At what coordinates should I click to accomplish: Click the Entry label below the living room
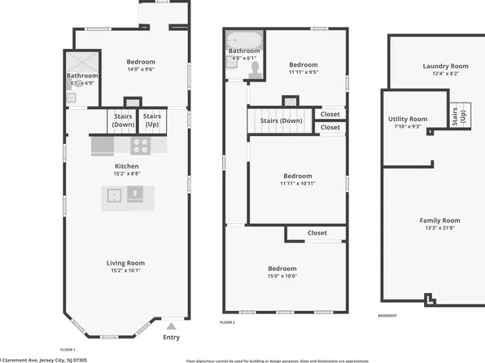click(171, 337)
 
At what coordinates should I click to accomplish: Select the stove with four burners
click(140, 146)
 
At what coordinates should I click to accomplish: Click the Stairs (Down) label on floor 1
click(124, 120)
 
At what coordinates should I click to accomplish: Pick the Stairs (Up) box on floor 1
click(152, 120)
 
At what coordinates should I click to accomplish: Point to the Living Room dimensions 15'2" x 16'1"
click(125, 270)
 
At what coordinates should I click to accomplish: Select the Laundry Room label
click(445, 66)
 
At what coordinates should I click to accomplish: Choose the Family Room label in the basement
click(439, 221)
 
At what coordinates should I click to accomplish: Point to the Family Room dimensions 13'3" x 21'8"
click(439, 228)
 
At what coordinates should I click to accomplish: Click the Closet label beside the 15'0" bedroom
click(317, 233)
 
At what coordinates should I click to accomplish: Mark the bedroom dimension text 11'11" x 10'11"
click(297, 183)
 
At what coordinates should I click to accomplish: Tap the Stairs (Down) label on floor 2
click(282, 120)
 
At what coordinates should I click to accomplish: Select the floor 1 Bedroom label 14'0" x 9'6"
click(140, 62)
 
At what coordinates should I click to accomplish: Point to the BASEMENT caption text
click(389, 316)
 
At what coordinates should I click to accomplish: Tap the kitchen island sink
click(115, 195)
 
